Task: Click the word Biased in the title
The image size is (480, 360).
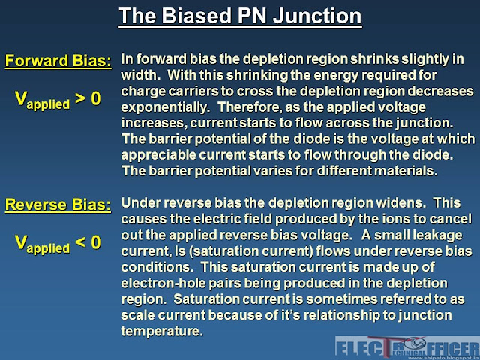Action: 196,16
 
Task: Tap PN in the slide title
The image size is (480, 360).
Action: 252,16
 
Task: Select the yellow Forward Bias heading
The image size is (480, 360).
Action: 58,61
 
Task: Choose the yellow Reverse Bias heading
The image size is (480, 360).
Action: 58,205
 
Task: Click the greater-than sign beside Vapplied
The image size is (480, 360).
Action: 80,98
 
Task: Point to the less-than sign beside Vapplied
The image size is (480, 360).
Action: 80,242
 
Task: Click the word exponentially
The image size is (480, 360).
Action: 165,108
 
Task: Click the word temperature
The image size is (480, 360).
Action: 162,331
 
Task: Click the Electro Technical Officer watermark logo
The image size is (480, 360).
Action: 407,348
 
